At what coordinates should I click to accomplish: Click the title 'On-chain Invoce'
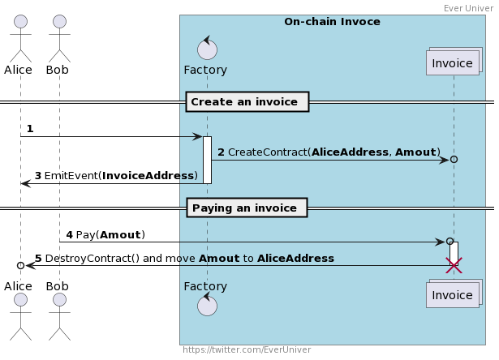pos(332,22)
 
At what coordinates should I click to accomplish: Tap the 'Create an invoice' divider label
pos(247,102)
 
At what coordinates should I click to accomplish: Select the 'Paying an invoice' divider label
pos(247,208)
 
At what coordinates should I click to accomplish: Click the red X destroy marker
pos(454,266)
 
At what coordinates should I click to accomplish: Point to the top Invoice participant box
pos(454,62)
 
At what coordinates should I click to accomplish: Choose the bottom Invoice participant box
pos(454,294)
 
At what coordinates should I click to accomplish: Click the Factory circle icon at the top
pos(207,49)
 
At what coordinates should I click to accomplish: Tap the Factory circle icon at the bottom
pos(207,305)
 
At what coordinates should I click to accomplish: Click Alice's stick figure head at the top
pos(20,21)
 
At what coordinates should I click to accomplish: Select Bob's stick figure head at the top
pos(59,21)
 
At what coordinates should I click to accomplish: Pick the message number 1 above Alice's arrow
pos(30,129)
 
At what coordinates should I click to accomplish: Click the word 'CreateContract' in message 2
pos(268,152)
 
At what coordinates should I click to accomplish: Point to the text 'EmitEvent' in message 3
pos(71,176)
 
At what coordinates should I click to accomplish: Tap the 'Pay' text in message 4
pos(85,234)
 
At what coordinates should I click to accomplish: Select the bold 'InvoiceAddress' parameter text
pos(148,176)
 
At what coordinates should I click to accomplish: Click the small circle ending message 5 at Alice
pos(20,265)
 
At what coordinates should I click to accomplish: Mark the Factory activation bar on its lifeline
pos(207,160)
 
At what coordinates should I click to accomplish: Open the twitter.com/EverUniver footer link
pos(247,349)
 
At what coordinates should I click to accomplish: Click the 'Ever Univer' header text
pos(468,8)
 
